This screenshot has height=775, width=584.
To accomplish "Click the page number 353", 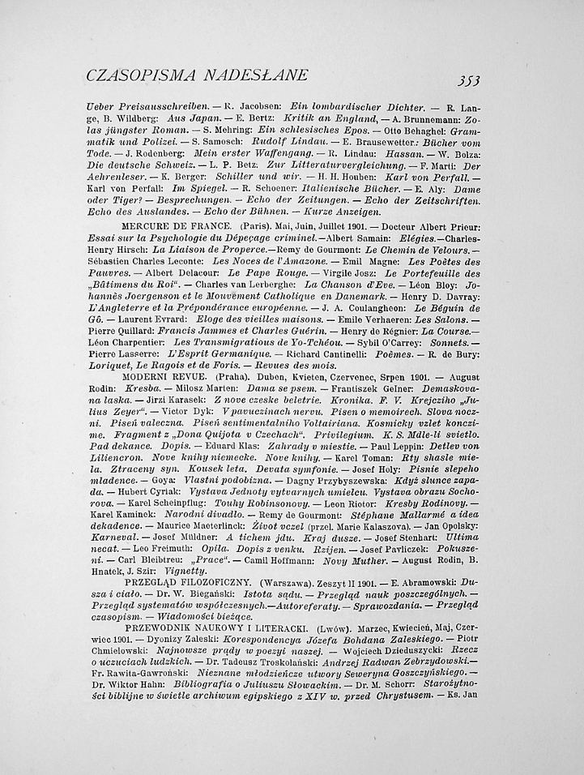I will (x=468, y=79).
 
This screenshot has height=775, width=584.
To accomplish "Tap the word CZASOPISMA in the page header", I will (x=134, y=75).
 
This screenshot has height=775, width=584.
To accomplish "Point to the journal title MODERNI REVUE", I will (x=160, y=377).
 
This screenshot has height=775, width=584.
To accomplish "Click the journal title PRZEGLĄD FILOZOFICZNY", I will (x=186, y=582).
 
